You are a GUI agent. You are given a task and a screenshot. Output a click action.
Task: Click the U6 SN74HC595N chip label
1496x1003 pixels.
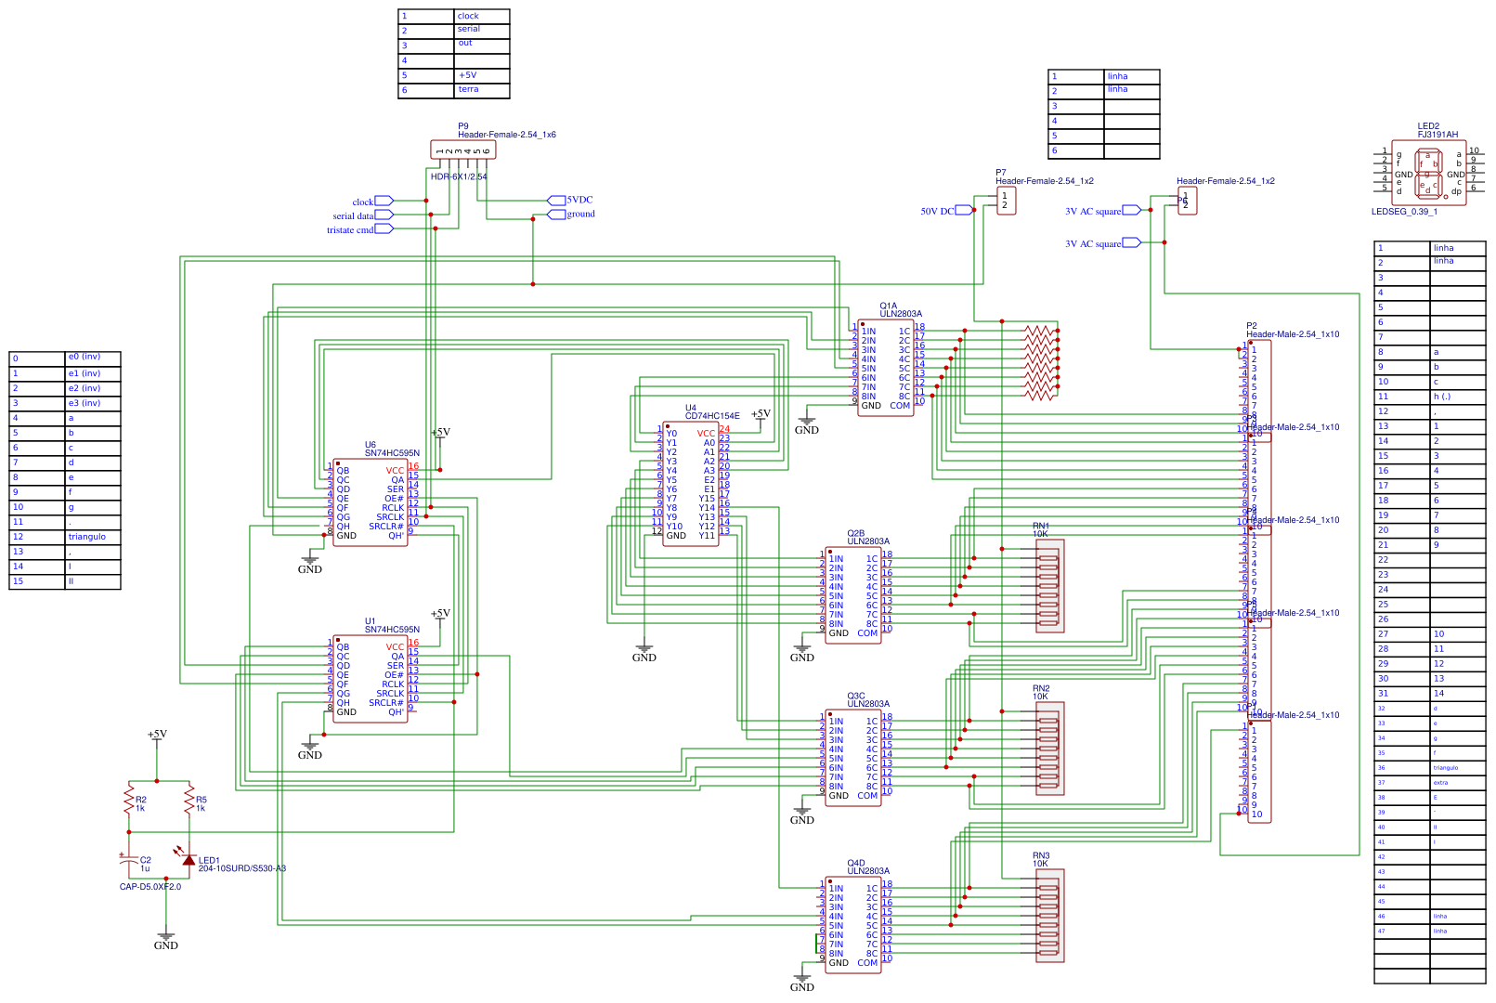391,453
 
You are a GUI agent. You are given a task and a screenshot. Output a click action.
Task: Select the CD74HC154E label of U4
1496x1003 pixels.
712,416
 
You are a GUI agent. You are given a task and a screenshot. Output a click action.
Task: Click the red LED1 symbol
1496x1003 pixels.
189,860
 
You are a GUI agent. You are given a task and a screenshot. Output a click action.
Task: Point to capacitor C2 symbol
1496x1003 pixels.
129,862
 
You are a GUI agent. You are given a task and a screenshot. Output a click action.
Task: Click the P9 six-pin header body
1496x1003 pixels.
462,150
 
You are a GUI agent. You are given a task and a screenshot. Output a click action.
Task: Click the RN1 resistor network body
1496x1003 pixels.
1049,586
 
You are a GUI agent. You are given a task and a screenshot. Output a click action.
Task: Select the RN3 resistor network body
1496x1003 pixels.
1049,916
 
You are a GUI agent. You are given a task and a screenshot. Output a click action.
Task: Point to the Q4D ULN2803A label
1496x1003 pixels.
867,871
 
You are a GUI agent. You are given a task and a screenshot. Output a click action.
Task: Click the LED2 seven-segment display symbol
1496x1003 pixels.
1428,174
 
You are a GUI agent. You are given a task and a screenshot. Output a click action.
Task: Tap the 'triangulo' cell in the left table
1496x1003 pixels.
87,537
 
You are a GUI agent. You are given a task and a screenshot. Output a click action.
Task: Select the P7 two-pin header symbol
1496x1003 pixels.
1006,201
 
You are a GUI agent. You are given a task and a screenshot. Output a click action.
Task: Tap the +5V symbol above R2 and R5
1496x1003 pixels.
157,736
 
